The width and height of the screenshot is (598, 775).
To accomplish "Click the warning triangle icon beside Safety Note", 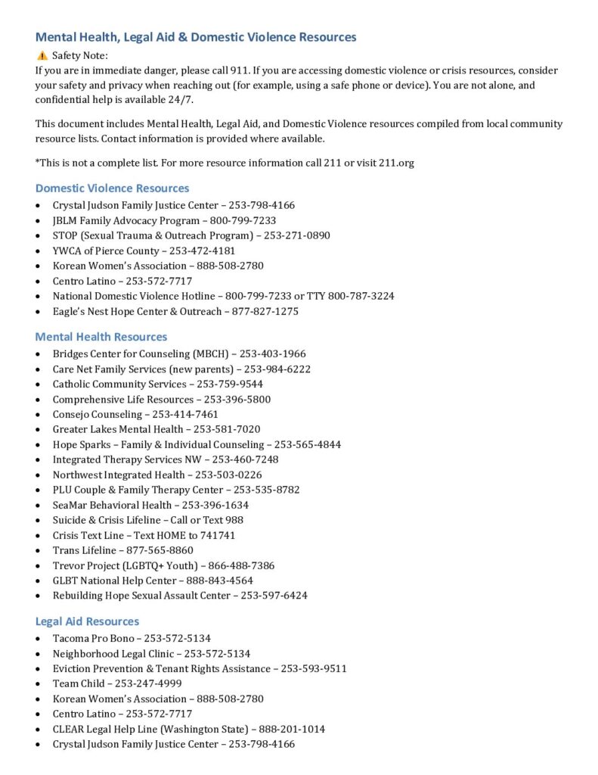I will click(x=42, y=55).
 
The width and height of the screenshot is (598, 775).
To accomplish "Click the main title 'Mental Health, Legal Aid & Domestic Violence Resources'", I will click(x=196, y=36).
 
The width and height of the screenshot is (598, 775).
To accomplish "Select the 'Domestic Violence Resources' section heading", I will click(x=112, y=188).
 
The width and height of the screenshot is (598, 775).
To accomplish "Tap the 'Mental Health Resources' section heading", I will click(x=101, y=337).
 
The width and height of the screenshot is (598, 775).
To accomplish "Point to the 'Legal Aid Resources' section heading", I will click(x=87, y=621).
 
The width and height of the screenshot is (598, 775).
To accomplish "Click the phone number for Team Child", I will click(x=148, y=683).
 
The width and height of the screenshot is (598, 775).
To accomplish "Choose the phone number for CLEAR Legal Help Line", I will click(x=292, y=729).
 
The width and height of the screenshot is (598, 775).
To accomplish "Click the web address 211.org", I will click(x=395, y=163).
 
